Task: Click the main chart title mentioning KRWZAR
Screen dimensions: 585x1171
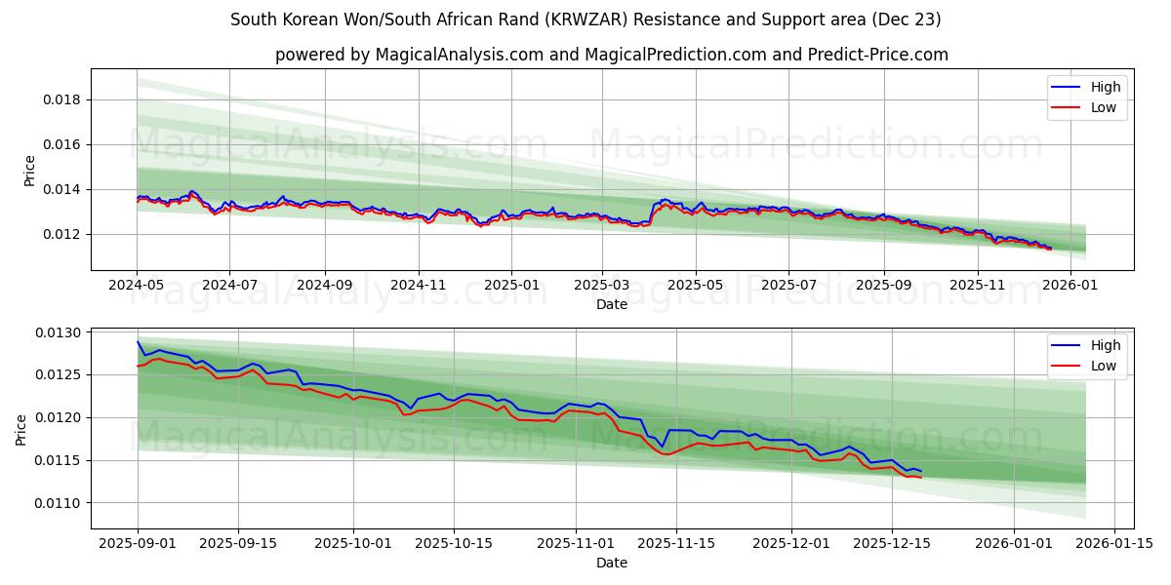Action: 585,19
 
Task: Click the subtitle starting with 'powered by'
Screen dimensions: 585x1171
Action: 612,55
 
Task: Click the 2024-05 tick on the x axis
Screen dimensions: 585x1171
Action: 137,285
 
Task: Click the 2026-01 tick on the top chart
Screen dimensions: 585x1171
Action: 1070,285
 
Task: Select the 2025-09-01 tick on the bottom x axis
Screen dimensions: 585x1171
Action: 138,543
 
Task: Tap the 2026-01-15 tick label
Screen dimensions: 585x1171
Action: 1114,543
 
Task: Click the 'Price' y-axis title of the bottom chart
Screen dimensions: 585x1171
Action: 21,428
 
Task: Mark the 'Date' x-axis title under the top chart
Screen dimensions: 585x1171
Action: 612,304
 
